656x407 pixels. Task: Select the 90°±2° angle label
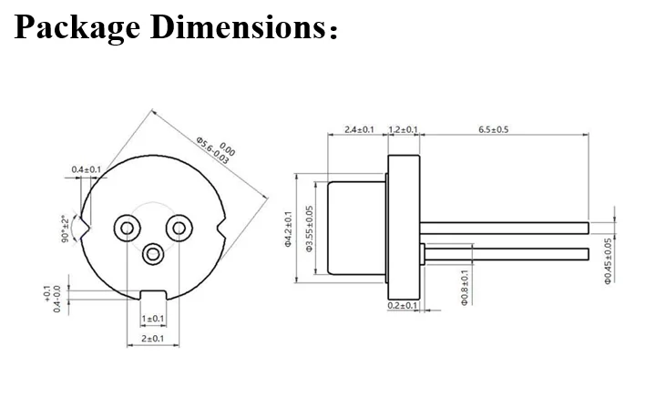point(65,228)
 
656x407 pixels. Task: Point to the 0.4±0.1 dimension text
point(87,170)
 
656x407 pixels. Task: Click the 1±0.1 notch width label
point(152,319)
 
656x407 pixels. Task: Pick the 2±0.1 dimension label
point(152,339)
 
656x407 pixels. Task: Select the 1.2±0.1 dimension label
point(403,130)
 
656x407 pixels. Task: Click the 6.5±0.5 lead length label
point(494,130)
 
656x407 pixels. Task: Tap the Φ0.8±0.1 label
point(464,287)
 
